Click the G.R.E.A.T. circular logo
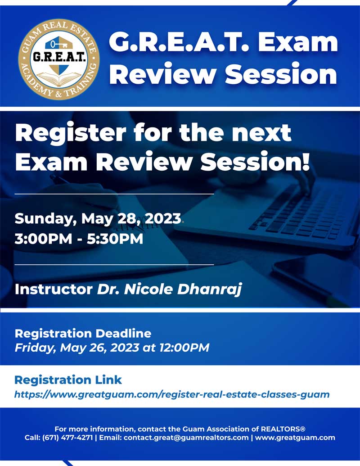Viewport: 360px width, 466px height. pos(59,59)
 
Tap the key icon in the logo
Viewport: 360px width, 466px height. pos(58,45)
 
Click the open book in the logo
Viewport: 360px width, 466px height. pos(59,80)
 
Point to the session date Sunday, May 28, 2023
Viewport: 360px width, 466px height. pos(98,218)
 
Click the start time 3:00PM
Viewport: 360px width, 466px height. pos(43,239)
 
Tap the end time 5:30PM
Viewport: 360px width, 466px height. pos(115,239)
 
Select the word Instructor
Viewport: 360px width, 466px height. pos(54,289)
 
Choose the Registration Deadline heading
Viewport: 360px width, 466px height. pos(83,334)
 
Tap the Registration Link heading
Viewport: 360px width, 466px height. pos(68,380)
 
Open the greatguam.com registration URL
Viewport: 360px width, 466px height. pos(172,395)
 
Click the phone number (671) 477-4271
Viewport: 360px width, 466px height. pos(67,438)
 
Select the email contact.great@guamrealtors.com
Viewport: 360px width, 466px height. pos(186,438)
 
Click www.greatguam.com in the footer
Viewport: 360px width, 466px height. pos(295,438)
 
